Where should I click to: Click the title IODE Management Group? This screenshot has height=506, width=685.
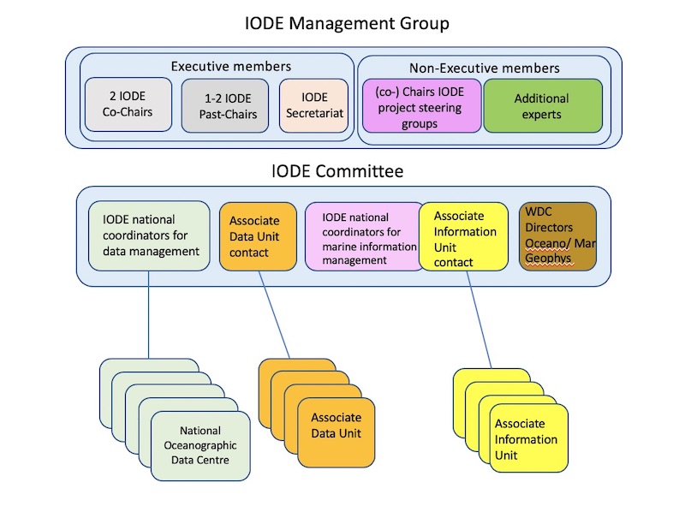click(345, 23)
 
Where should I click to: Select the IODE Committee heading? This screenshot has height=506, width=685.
click(337, 171)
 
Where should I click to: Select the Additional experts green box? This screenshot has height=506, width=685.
click(542, 105)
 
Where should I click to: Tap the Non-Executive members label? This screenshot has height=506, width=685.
click(484, 68)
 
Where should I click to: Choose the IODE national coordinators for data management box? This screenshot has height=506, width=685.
click(150, 235)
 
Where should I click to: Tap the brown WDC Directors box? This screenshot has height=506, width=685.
click(557, 235)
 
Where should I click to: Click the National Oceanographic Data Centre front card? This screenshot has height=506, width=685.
click(200, 445)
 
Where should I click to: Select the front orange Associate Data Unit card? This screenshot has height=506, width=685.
click(336, 426)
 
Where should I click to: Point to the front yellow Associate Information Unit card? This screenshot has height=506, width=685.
click(529, 438)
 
